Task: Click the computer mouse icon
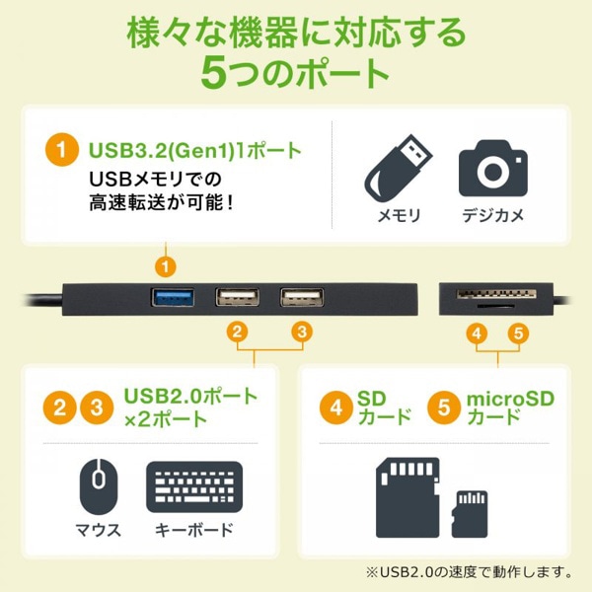pyautogui.click(x=98, y=486)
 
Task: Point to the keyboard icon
pyautogui.click(x=194, y=486)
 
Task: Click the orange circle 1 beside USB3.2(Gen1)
pyautogui.click(x=62, y=152)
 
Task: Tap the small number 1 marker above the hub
pyautogui.click(x=167, y=265)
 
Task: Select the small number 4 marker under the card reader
pyautogui.click(x=479, y=333)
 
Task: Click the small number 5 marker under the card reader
pyautogui.click(x=519, y=333)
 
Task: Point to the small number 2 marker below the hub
pyautogui.click(x=237, y=333)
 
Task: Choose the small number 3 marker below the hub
pyautogui.click(x=303, y=333)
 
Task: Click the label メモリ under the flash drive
pyautogui.click(x=399, y=215)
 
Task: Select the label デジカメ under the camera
pyautogui.click(x=492, y=215)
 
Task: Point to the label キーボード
pyautogui.click(x=194, y=530)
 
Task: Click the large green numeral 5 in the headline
pyautogui.click(x=215, y=74)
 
